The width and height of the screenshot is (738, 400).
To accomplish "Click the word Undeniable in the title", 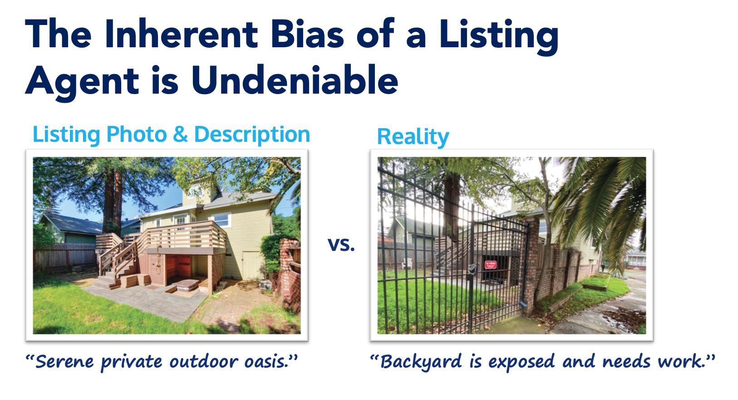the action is pos(295,80).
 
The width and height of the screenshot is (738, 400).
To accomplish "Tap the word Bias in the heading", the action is pos(307,34).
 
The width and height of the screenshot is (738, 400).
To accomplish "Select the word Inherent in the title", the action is pos(181,34).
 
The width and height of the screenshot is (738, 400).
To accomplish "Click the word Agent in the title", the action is pos(82,83).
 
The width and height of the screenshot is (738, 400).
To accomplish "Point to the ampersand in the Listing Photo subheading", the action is pos(180,135).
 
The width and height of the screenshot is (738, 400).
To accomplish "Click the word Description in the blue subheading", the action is pos(252,135).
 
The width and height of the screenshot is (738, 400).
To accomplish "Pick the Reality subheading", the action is pos(413,137).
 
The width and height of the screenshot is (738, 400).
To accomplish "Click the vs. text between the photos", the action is pos(341,245).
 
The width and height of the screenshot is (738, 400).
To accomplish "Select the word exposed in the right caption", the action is pos(522,362).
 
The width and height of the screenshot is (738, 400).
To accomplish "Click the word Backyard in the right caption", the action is pos(421,362).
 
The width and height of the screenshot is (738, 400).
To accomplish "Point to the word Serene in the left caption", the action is pos(64,362).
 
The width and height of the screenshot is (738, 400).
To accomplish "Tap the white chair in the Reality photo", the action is pos(407,263).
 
